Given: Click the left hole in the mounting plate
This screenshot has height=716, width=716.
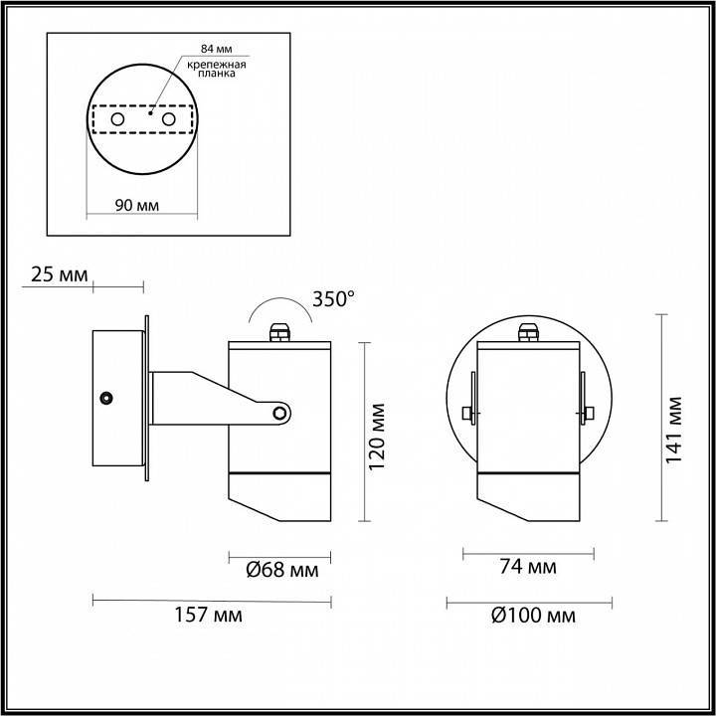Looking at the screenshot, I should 117,119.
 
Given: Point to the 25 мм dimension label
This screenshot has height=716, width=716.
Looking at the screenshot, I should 61,273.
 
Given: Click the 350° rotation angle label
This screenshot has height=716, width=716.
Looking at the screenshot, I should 333,298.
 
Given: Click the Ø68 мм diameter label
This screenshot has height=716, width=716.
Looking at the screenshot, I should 281,570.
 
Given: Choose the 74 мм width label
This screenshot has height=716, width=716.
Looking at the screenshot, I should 526,568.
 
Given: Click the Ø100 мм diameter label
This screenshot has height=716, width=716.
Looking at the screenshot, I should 532,615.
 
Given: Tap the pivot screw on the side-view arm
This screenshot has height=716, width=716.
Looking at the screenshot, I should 281,412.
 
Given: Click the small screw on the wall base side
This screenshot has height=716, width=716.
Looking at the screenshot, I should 104,398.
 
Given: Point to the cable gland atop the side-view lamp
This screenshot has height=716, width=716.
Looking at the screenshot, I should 279,329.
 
